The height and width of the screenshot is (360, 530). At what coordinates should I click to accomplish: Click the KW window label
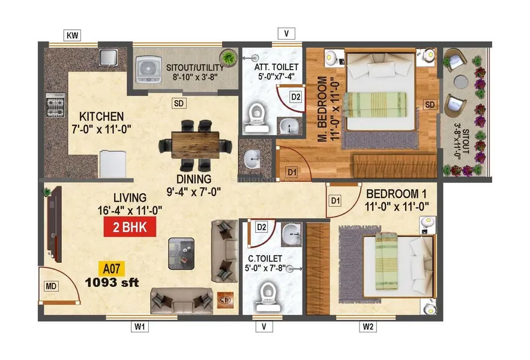tap(73, 35)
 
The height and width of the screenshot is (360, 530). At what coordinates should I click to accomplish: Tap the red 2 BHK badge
tap(130, 226)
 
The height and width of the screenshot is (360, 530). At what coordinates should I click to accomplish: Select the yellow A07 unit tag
tap(112, 269)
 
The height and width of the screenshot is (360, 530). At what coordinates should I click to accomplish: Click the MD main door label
tap(51, 286)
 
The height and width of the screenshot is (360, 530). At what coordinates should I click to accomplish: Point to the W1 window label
tap(140, 326)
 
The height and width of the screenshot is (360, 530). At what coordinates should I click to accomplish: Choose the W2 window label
tap(368, 326)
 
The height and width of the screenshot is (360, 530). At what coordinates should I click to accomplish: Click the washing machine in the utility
tap(148, 69)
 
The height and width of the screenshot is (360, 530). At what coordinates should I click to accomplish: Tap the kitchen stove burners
tap(55, 105)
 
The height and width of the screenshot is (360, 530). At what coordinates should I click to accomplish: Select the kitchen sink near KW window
tap(108, 57)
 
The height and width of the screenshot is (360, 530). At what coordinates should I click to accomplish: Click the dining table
tap(195, 145)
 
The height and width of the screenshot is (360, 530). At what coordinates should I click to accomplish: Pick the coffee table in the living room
tap(181, 254)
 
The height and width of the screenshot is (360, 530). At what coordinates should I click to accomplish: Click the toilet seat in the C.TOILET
tap(268, 296)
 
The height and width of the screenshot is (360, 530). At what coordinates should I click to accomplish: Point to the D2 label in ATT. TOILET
tap(296, 97)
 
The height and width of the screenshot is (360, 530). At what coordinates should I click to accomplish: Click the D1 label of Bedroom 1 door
tap(336, 201)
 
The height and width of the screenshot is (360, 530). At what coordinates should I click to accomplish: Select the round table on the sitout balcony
tap(461, 82)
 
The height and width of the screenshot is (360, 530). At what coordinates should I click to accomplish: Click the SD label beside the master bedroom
tap(430, 105)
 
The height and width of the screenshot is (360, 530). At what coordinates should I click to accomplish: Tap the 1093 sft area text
tap(112, 283)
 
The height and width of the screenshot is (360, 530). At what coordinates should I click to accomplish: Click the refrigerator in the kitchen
tap(113, 164)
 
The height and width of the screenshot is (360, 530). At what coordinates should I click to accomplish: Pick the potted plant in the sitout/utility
tap(228, 56)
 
